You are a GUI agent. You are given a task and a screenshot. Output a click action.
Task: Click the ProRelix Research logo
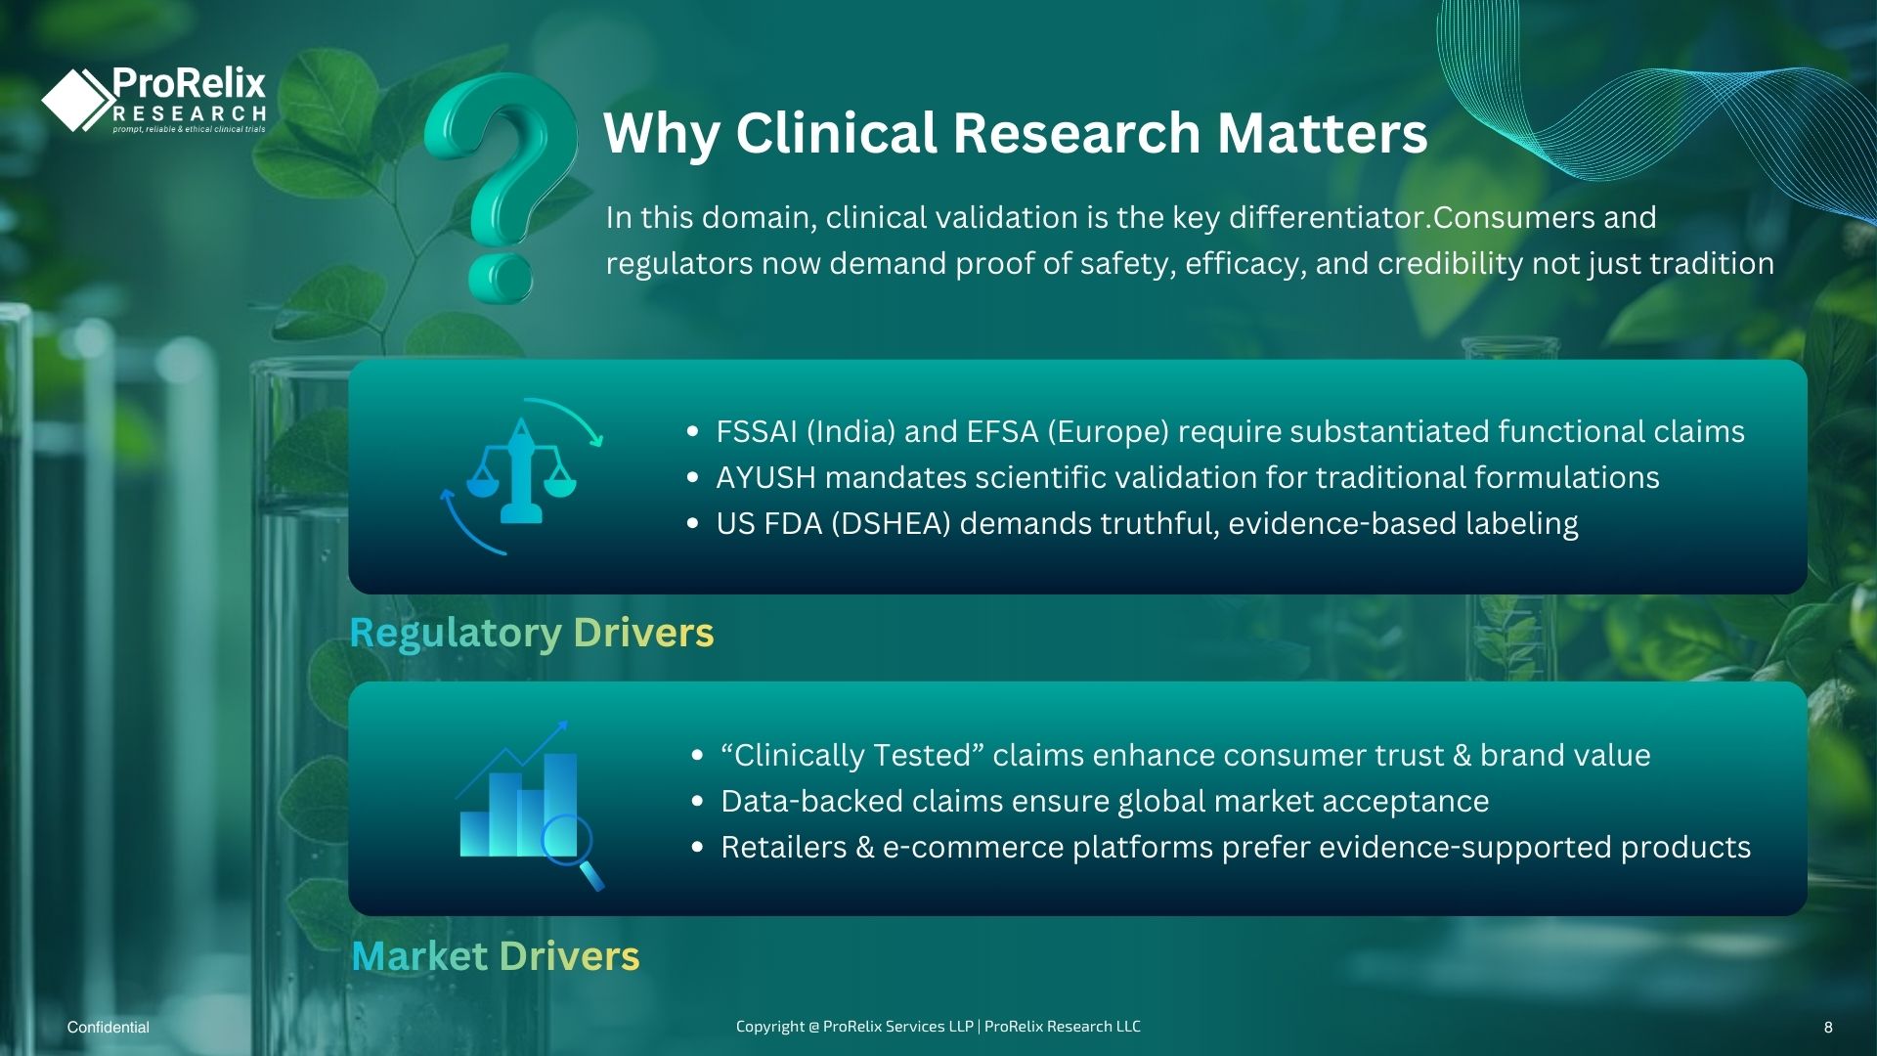(153, 99)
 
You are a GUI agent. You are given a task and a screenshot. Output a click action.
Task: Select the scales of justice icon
(521, 476)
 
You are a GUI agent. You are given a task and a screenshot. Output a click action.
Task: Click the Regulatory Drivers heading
(532, 633)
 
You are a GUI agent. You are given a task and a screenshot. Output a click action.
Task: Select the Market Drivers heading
(496, 955)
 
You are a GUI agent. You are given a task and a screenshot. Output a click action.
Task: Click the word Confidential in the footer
(109, 1027)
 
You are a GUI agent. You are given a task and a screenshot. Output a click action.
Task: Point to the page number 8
(1828, 1027)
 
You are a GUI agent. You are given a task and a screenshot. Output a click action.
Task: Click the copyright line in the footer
(938, 1027)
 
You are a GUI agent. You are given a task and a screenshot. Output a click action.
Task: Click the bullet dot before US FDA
(693, 524)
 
